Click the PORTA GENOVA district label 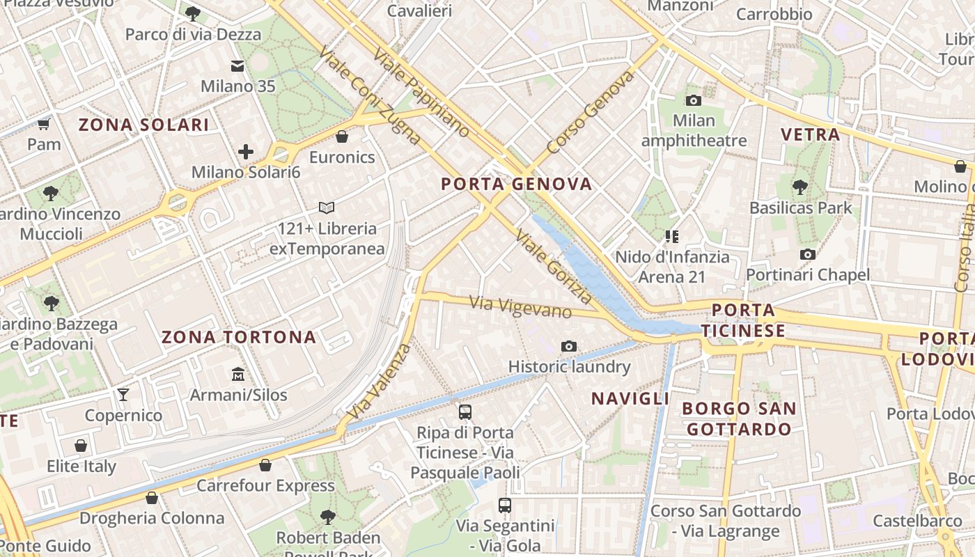coord(517,185)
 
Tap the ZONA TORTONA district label coord(239,338)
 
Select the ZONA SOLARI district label coord(143,125)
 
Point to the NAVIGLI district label coord(630,399)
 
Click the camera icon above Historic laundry coord(569,346)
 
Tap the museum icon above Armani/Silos coord(238,375)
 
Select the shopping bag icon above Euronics coord(342,136)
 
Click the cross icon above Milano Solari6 coord(246,151)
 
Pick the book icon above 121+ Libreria coord(327,207)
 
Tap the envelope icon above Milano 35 coord(237,66)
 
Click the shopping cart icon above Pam coord(44,124)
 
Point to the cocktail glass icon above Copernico coord(123,395)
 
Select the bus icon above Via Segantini coord(505,505)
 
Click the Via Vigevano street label coord(520,306)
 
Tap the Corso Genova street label coord(591,112)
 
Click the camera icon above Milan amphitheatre coord(694,100)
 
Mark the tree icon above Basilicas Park coord(800,187)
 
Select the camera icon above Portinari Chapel coord(808,254)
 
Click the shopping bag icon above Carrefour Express coord(265,464)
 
